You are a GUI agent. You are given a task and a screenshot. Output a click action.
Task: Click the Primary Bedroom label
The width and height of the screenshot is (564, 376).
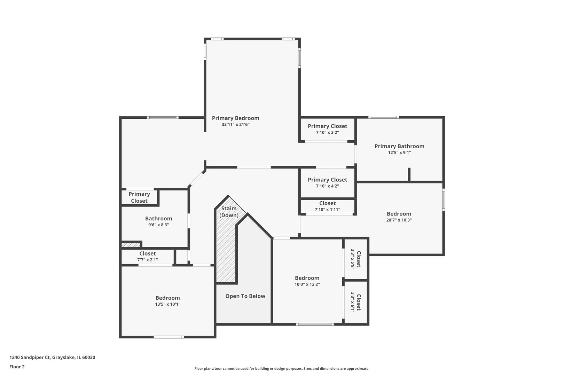pyautogui.click(x=235, y=118)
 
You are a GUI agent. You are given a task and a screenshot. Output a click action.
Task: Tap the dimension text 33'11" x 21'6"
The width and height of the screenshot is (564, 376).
pyautogui.click(x=235, y=125)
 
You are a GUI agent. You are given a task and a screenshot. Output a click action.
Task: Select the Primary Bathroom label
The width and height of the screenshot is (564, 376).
pyautogui.click(x=399, y=146)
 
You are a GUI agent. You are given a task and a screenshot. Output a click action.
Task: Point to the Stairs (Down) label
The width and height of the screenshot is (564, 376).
pyautogui.click(x=229, y=212)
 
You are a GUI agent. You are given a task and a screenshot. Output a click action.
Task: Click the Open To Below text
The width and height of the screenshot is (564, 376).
pyautogui.click(x=245, y=296)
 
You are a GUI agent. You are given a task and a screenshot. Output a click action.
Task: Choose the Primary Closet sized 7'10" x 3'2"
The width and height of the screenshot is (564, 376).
pyautogui.click(x=327, y=126)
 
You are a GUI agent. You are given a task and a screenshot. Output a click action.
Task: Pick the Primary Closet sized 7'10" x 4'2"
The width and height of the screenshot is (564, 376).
pyautogui.click(x=327, y=180)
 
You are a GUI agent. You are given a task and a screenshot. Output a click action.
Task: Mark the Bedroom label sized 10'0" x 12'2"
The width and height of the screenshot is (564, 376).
pyautogui.click(x=307, y=278)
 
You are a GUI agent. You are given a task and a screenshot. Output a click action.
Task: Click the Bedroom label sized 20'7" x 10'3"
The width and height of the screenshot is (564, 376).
pyautogui.click(x=399, y=214)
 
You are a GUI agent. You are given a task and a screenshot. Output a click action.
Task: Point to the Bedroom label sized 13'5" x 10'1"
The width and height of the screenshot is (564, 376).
pyautogui.click(x=167, y=298)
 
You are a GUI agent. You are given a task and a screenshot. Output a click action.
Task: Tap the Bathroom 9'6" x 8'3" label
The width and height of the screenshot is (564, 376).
pyautogui.click(x=158, y=219)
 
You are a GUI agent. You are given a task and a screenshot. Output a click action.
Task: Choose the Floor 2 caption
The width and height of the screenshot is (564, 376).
pyautogui.click(x=17, y=367)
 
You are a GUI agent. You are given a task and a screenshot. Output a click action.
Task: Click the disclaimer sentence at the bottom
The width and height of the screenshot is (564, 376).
pyautogui.click(x=282, y=369)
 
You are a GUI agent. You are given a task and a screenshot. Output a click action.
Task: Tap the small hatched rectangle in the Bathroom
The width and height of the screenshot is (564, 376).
pyautogui.click(x=131, y=245)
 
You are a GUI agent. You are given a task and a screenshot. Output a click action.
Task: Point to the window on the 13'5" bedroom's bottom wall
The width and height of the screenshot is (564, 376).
pyautogui.click(x=169, y=337)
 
